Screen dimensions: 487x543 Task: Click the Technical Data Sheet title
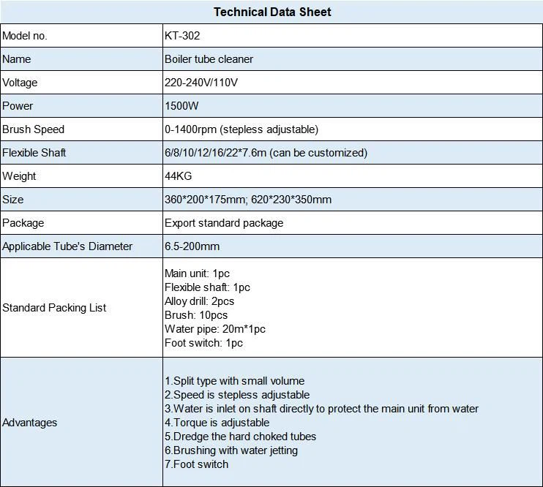coord(272,12)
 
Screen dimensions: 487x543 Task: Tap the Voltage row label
coord(20,83)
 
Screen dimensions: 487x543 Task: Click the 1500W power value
coord(182,106)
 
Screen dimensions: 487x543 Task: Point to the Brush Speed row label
coord(33,129)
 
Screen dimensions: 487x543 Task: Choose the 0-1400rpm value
coord(241,129)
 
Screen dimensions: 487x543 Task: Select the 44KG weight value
coord(179,176)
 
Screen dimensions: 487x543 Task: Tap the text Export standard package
coord(224,223)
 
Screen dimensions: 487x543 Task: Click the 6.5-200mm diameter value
coord(192,246)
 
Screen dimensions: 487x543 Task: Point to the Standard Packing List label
coord(54,308)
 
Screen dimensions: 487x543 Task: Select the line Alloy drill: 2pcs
coord(199,301)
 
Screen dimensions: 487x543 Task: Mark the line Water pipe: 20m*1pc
coord(214,329)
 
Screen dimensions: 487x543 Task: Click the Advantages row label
coord(29,423)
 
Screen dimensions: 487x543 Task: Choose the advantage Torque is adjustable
coord(217,423)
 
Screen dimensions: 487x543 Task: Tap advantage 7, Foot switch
coord(196,464)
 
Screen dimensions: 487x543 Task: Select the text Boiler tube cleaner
coord(210,59)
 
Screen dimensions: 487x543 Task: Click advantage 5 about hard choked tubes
coord(240,437)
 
